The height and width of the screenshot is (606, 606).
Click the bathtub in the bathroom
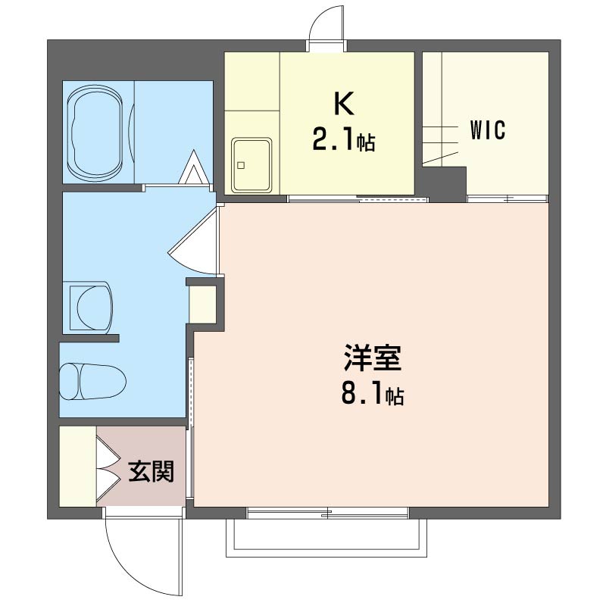95,133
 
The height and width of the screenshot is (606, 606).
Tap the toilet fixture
92,381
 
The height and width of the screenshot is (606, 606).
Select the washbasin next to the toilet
91,308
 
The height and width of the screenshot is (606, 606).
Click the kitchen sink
251,165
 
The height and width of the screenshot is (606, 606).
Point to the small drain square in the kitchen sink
241,165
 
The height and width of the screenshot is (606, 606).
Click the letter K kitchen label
344,104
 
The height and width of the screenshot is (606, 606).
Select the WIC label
488,130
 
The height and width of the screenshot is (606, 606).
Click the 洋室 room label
373,358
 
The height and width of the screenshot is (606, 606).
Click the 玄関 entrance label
151,471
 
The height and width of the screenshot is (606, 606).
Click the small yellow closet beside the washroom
202,305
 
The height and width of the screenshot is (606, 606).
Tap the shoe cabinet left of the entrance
78,466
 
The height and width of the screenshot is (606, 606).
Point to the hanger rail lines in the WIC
441,145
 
